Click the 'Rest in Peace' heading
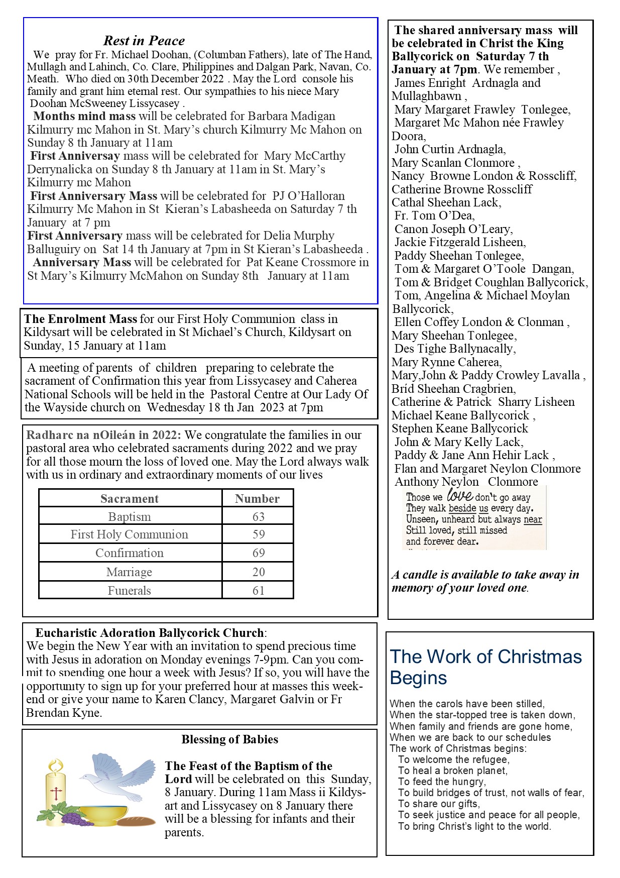click(x=144, y=41)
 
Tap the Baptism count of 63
click(x=258, y=516)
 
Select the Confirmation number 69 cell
click(x=258, y=553)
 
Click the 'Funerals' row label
click(x=130, y=590)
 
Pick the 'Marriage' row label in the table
click(x=130, y=572)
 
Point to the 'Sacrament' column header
click(x=130, y=498)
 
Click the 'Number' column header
click(x=257, y=498)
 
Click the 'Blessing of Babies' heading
click(x=230, y=739)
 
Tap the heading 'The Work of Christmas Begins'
click(x=485, y=667)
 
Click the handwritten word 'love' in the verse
click(x=459, y=496)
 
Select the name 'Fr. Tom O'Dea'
click(x=434, y=215)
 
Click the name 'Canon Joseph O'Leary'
click(x=453, y=229)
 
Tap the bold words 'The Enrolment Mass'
click(x=80, y=319)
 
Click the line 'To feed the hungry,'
click(x=442, y=782)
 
